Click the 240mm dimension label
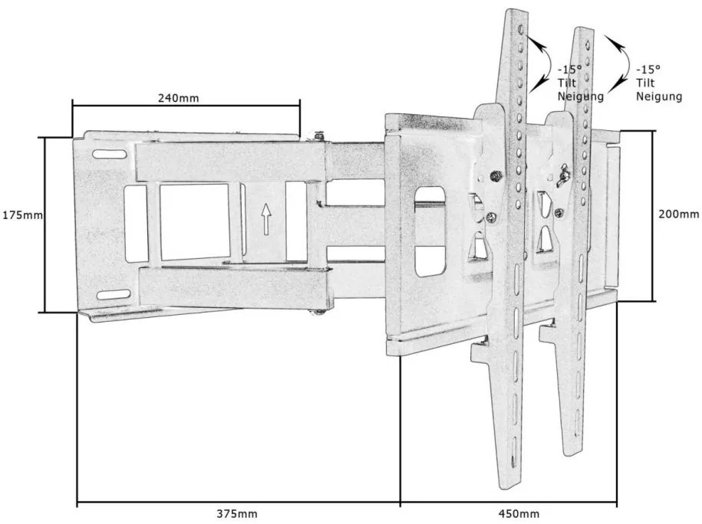(x=178, y=98)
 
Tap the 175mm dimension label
(x=23, y=215)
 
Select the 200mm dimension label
(x=678, y=215)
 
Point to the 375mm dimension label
(x=237, y=514)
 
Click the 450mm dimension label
(x=519, y=514)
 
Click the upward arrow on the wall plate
(x=266, y=219)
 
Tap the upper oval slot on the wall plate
(x=110, y=155)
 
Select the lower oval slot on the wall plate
(x=114, y=295)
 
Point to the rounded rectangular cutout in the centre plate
(x=430, y=231)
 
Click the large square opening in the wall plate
(x=195, y=221)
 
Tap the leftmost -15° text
(x=570, y=70)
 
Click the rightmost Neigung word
(x=660, y=96)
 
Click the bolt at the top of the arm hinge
(x=319, y=135)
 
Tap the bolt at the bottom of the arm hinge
(x=318, y=313)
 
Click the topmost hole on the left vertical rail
(x=521, y=31)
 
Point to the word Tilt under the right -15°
(x=645, y=83)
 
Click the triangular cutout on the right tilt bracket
(x=545, y=241)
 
